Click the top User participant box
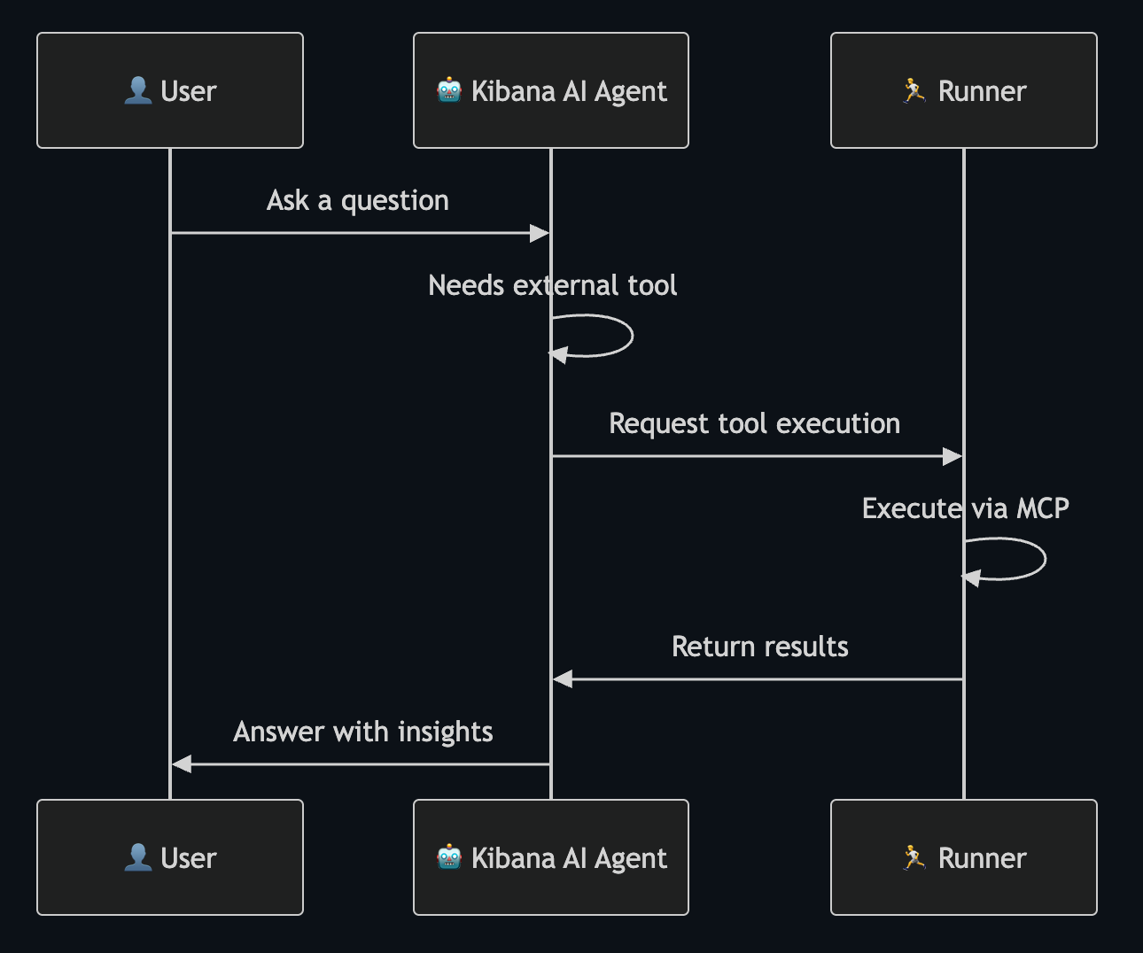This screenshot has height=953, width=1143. [170, 90]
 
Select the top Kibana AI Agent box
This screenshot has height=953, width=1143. [550, 90]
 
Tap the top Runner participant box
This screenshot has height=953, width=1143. [963, 90]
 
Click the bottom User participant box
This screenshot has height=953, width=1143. [170, 857]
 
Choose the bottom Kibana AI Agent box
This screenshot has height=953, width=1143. [550, 857]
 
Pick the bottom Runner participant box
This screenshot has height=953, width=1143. [963, 857]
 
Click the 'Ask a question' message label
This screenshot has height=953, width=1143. [358, 201]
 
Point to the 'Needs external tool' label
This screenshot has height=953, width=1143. [552, 285]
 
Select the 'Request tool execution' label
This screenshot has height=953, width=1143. [754, 423]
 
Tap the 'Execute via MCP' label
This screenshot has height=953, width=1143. [965, 508]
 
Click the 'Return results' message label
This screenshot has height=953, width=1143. [759, 647]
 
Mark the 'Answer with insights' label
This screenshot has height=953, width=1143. [362, 732]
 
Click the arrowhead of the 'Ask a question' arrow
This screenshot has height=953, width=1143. [540, 233]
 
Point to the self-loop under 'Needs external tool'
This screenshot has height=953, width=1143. [631, 336]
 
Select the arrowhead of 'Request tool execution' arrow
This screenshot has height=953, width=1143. [952, 456]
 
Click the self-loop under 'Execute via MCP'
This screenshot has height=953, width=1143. [1044, 559]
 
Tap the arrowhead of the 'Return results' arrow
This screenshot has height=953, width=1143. [563, 679]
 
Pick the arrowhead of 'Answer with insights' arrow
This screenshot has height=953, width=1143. [182, 763]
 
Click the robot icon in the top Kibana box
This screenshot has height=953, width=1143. [449, 90]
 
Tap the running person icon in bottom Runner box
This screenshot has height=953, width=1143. [914, 857]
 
